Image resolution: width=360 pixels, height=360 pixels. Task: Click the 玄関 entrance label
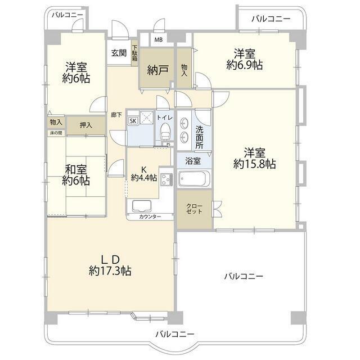point(118,53)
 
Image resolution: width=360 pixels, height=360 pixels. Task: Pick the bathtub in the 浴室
point(193,179)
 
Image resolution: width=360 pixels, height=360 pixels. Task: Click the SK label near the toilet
point(133,120)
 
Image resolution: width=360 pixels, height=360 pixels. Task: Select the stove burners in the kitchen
point(165,179)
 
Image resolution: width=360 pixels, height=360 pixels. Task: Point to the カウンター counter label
point(150,217)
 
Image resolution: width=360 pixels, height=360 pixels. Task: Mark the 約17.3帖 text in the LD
point(110,271)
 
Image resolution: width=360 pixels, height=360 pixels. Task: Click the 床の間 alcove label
point(56,133)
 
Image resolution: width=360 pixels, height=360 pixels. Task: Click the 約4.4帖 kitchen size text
point(145,177)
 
